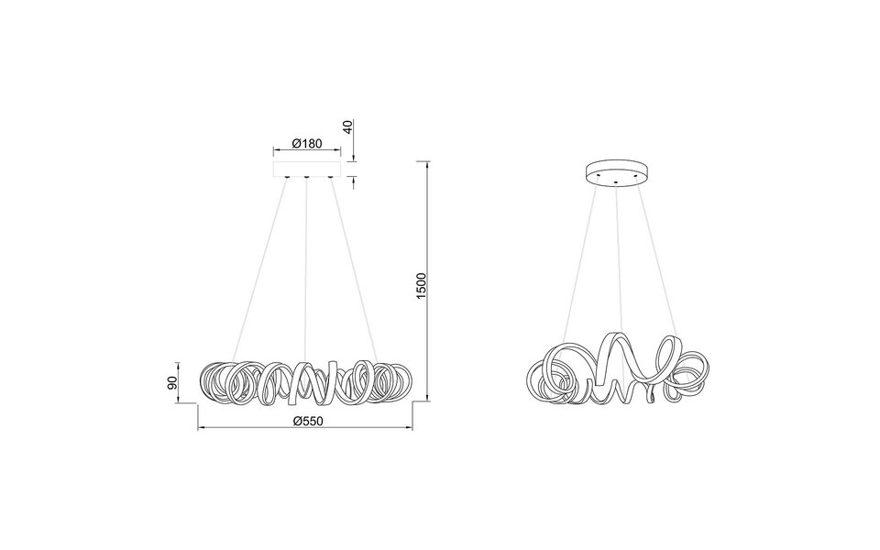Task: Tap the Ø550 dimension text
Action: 304,422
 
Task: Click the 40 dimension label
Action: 347,126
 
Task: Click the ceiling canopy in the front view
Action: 306,170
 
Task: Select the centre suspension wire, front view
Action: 305,266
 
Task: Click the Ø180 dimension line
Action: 306,152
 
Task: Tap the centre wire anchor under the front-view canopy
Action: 305,177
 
